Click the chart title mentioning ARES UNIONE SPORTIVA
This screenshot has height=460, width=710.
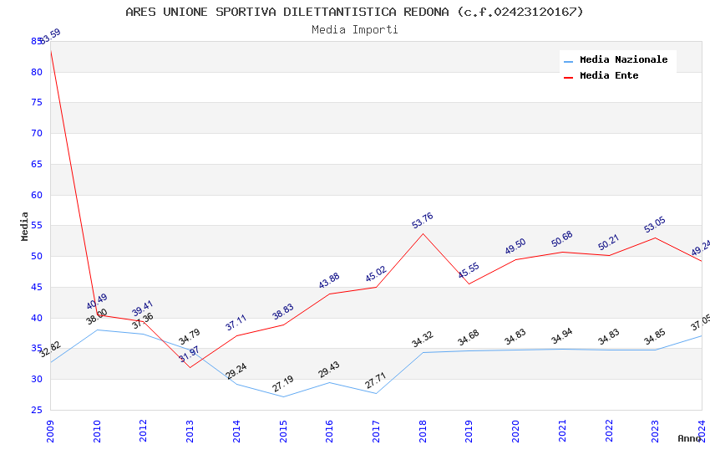coord(354,12)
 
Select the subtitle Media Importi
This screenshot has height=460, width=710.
coord(354,29)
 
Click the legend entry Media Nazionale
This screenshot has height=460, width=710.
coord(623,59)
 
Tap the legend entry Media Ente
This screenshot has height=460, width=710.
coord(609,75)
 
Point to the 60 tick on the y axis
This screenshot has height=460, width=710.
coord(37,195)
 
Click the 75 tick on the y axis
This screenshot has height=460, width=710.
coord(37,103)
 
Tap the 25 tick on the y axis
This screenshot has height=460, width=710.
coord(37,410)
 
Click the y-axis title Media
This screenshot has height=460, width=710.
coord(25,226)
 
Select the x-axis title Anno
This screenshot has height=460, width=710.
coord(689,438)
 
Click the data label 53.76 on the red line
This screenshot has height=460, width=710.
coord(423,221)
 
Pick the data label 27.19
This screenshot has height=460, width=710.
coord(283,384)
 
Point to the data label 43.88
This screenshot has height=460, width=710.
coord(329,281)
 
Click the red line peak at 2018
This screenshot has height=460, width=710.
coord(423,233)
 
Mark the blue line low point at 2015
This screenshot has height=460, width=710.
coord(283,396)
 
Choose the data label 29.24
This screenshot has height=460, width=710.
coord(236,371)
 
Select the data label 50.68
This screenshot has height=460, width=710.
coord(562,239)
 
